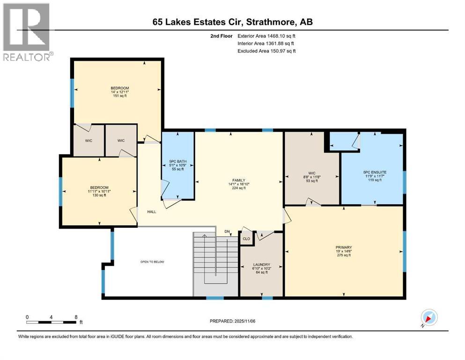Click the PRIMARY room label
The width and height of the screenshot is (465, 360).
(343, 247)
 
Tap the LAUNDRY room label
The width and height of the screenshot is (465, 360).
(262, 265)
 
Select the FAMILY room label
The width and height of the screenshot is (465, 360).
(239, 180)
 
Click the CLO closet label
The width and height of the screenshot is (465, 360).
(246, 239)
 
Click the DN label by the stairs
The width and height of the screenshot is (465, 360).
(227, 232)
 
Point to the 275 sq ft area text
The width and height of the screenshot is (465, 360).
(343, 255)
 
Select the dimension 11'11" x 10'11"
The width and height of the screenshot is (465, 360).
(98, 191)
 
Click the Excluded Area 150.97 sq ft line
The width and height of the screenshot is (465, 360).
(266, 51)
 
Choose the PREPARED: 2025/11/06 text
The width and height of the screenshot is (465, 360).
(233, 321)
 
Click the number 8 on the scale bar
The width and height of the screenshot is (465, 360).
(76, 317)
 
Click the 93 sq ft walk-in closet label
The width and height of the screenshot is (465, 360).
(311, 180)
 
